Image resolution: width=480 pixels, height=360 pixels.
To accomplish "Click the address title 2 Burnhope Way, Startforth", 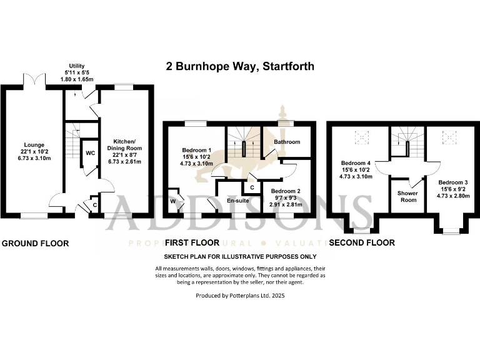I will pyautogui.click(x=239, y=66).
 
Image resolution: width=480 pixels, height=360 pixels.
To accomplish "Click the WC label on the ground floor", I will pyautogui.click(x=90, y=153).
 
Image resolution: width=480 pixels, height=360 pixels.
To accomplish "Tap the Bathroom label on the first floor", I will pyautogui.click(x=287, y=142).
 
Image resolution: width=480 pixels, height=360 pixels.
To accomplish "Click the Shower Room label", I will pyautogui.click(x=408, y=196).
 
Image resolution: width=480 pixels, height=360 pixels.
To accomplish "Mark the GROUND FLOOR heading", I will pyautogui.click(x=35, y=243).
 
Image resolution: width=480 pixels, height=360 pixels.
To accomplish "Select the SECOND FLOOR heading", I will pyautogui.click(x=362, y=242).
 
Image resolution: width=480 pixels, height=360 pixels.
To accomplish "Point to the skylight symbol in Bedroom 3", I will pyautogui.click(x=449, y=134).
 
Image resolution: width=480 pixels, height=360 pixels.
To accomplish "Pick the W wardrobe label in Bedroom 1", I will pyautogui.click(x=172, y=202).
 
